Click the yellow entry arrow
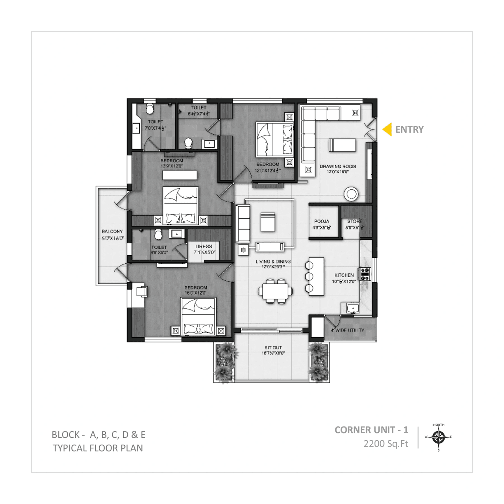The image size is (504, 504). (388, 130)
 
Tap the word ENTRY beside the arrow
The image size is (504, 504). (409, 130)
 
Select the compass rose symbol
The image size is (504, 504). (438, 437)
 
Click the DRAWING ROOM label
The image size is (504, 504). (337, 167)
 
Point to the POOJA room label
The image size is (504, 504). (322, 222)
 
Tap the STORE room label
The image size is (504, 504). (354, 222)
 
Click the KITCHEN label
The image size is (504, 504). (344, 275)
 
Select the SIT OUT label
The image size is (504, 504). (273, 348)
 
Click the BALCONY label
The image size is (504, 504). (112, 232)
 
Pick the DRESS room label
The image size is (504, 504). (204, 246)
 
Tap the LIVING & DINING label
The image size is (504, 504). (273, 261)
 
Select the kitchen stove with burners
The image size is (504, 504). (365, 274)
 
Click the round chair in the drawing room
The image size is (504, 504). (351, 194)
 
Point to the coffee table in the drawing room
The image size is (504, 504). (343, 145)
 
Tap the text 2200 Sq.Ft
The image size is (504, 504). (385, 444)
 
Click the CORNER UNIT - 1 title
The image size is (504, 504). (371, 430)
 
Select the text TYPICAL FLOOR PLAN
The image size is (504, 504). (98, 448)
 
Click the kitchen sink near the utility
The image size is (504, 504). (352, 308)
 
